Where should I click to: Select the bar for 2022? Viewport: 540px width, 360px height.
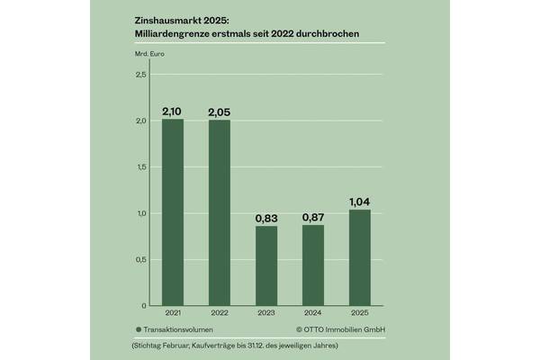pos(219,212)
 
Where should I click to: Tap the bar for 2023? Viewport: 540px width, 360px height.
pos(266,265)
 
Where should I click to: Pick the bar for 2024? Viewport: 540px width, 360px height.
pos(313,265)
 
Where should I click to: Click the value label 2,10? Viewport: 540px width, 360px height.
pos(172,111)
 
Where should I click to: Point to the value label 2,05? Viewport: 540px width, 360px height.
pos(219,112)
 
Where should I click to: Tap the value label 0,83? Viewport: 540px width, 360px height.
pos(266,218)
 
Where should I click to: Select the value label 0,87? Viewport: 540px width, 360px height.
pos(313,217)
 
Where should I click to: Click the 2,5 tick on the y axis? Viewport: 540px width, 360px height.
pos(140,75)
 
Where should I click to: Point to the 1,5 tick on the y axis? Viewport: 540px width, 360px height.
pos(140,167)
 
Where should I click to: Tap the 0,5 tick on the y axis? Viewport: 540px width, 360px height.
pos(140,260)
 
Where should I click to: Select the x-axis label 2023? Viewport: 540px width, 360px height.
pos(266,315)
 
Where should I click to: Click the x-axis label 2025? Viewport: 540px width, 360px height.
pos(360,315)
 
